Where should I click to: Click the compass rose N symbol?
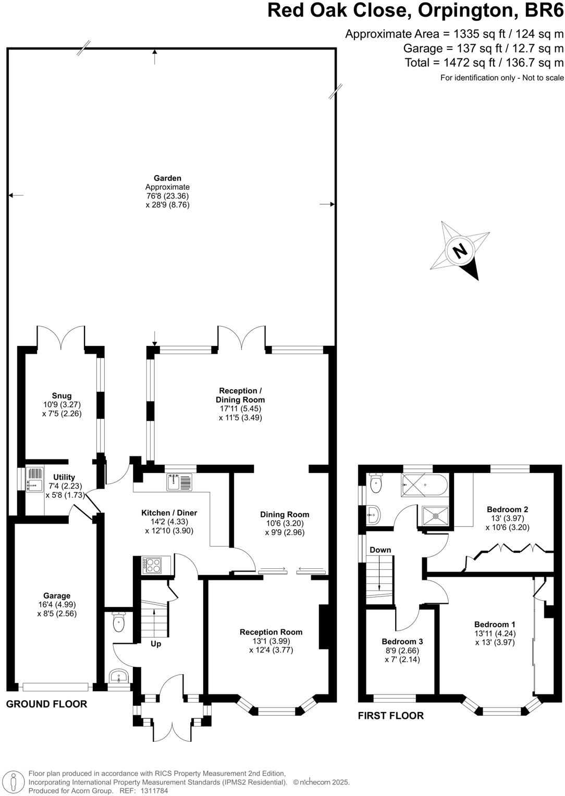(x=460, y=251)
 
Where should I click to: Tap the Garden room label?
(x=167, y=178)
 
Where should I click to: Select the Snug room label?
(x=62, y=395)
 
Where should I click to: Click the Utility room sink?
(x=34, y=479)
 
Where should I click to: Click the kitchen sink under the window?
(x=179, y=482)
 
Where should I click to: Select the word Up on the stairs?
(x=156, y=644)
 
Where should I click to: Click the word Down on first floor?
(x=380, y=550)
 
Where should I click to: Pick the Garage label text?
(x=57, y=595)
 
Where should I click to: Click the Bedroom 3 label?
(x=402, y=641)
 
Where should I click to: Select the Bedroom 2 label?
(x=507, y=509)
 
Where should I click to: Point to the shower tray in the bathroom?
(x=434, y=516)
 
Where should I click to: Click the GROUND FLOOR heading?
(x=46, y=704)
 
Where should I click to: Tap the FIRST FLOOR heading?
(x=390, y=715)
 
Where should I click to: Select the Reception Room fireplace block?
(x=324, y=627)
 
